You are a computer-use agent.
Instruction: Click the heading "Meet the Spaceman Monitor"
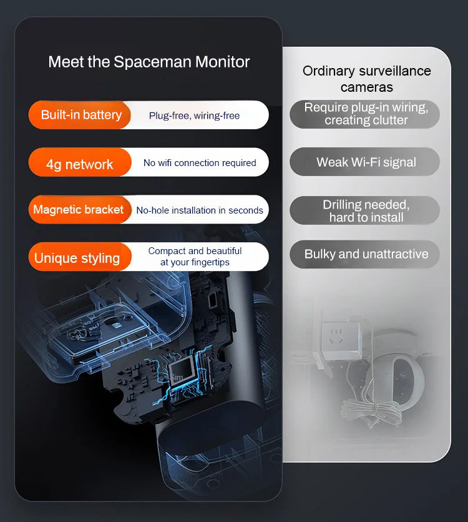[x=149, y=62]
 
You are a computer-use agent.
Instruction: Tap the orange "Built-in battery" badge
[x=80, y=115]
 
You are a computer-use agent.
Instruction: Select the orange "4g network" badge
[x=79, y=164]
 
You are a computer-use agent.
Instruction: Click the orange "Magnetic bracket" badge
[x=79, y=210]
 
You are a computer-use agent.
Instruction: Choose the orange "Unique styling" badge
[x=77, y=258]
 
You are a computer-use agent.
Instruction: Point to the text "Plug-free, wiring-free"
[x=194, y=116]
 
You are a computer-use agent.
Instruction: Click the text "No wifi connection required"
[x=200, y=163]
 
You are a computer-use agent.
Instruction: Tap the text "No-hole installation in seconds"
[x=200, y=210]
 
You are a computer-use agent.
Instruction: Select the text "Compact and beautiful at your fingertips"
[x=195, y=257]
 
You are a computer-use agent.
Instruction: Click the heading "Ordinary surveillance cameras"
[x=366, y=79]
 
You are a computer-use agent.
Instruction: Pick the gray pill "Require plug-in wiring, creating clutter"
[x=365, y=114]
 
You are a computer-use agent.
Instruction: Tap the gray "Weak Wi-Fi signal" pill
[x=365, y=162]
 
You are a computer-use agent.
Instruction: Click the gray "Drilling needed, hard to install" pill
[x=365, y=211]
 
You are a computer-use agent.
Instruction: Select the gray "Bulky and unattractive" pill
[x=365, y=254]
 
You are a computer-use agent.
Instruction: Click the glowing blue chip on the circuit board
[x=181, y=372]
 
